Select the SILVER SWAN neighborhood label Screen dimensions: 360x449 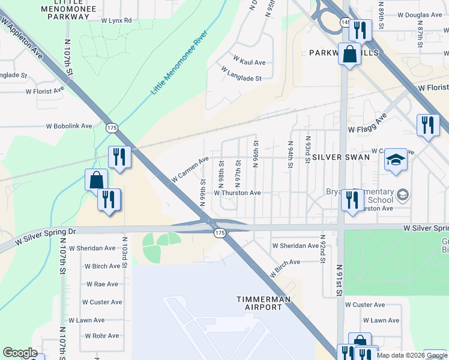pos(336,157)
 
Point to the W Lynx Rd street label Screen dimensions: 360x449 pos(116,20)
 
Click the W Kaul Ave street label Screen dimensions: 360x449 pos(249,62)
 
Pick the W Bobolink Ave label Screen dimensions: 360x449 pos(70,127)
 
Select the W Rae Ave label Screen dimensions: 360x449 pos(102,284)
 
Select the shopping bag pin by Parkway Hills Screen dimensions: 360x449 pos(349,54)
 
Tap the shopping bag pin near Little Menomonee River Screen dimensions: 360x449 pos(96,179)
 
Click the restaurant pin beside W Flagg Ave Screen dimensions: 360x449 pos(427,125)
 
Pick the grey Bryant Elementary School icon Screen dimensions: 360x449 pos(402,194)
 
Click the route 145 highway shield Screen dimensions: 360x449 pos(345,22)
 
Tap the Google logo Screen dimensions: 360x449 pos(20,353)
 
